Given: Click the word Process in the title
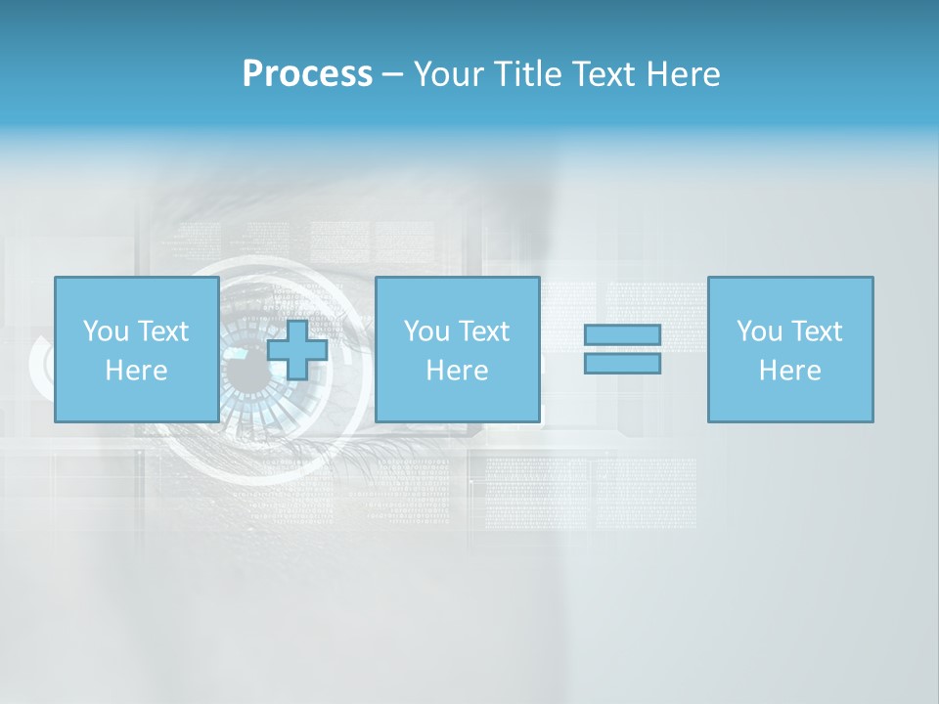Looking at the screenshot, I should tap(307, 74).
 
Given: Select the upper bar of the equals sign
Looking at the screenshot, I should tap(622, 335).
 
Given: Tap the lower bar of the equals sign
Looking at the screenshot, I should tap(622, 364).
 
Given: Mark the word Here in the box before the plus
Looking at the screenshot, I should tap(136, 371).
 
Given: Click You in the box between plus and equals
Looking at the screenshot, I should tap(426, 331).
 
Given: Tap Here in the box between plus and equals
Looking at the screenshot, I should tap(457, 371).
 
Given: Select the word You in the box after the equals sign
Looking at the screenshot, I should tap(759, 331).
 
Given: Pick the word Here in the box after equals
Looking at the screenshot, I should tap(789, 371).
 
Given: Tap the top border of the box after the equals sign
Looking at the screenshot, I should tap(790, 278).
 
